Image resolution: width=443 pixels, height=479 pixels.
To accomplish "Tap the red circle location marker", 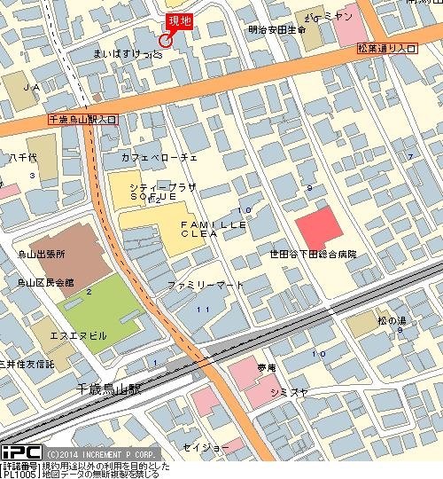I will pos(165,41).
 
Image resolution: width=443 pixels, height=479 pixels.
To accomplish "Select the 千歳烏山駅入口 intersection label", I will pos(82,118).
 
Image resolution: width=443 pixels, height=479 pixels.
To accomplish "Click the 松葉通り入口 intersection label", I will pos(386,48).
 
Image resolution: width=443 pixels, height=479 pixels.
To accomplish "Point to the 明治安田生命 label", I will pos(277,30).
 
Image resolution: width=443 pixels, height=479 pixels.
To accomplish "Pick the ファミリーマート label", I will pos(205,285).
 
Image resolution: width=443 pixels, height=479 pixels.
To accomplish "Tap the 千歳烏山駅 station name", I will pos(109,389).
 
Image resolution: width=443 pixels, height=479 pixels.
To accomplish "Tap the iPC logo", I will pos(20,453).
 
